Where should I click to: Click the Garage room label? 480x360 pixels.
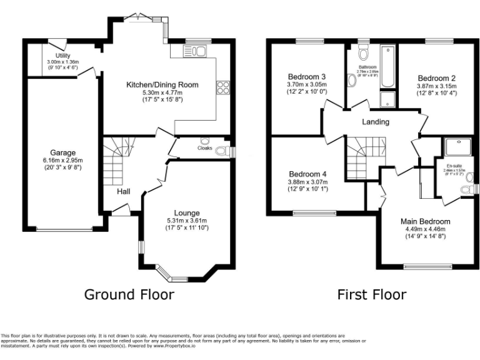tap(63, 152)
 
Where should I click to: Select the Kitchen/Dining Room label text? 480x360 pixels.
tap(162, 84)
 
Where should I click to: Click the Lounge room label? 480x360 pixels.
tap(187, 213)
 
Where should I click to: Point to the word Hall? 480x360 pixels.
tap(123, 191)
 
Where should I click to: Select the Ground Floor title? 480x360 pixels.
tap(129, 294)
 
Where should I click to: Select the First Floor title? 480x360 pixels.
tap(371, 294)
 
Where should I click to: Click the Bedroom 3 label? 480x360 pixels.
tap(307, 76)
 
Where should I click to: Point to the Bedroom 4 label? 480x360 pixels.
tap(307, 174)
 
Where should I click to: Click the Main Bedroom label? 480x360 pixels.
tap(425, 221)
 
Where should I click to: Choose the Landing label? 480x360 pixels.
tap(375, 122)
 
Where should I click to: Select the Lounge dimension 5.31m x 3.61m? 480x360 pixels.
tap(187, 221)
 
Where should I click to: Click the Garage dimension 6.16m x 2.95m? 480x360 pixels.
tap(63, 160)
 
